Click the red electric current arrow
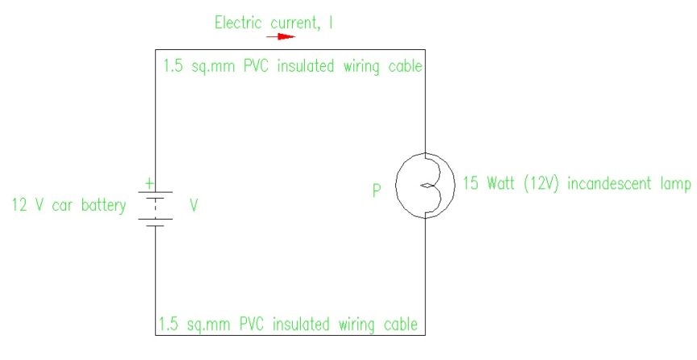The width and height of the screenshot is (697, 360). pos(281,36)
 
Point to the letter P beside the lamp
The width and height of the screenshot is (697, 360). pos(376,192)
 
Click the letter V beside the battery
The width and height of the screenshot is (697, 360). pos(194,206)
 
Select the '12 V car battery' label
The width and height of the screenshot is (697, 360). pos(69,206)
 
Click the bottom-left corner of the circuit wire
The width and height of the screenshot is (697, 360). pos(154,335)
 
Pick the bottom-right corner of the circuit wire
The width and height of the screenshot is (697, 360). pos(425,335)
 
